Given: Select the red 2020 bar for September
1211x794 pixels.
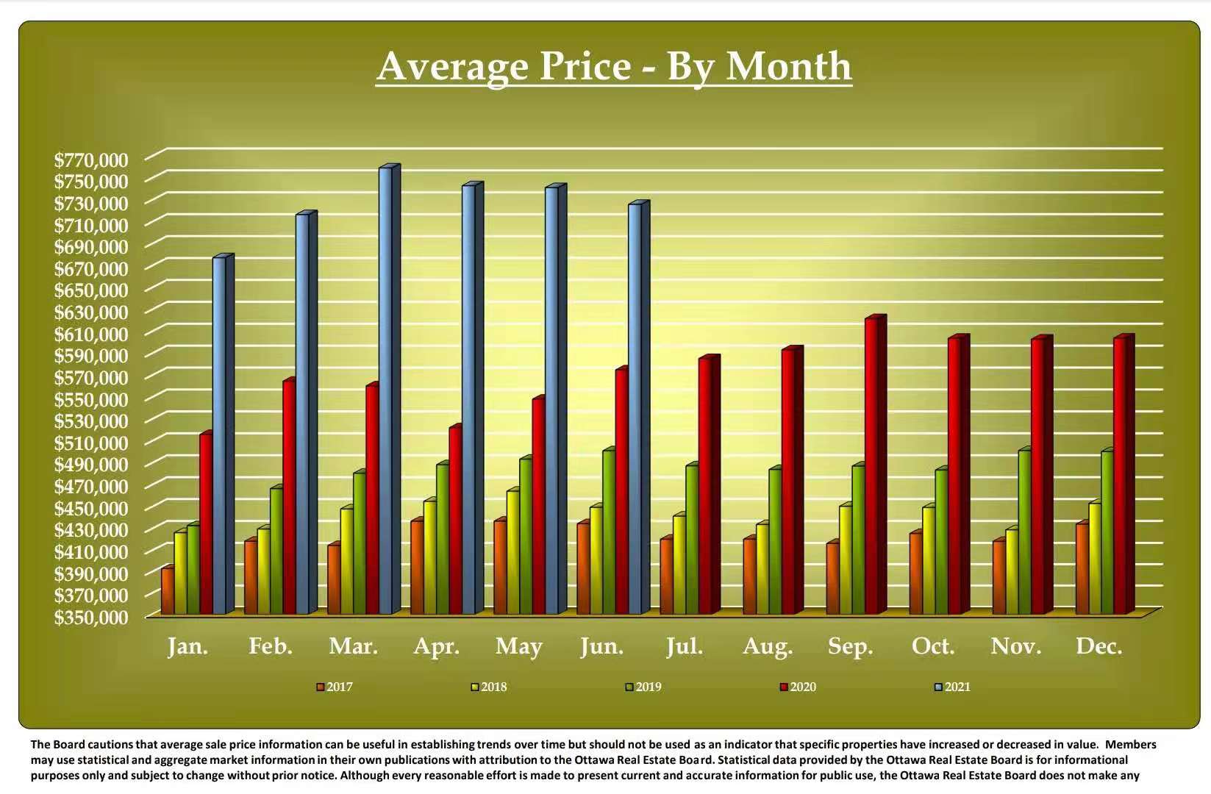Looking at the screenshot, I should pyautogui.click(x=872, y=467).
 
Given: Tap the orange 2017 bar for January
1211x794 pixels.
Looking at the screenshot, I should pyautogui.click(x=167, y=592).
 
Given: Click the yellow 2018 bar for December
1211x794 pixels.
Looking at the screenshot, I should pyautogui.click(x=1094, y=559).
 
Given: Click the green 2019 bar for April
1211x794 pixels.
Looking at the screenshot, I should pyautogui.click(x=442, y=540).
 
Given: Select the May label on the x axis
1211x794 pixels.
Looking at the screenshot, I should pyautogui.click(x=519, y=646).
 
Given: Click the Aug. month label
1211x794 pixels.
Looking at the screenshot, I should pyautogui.click(x=768, y=646).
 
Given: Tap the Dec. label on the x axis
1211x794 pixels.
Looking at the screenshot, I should pyautogui.click(x=1099, y=646).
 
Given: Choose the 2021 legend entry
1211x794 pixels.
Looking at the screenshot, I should pyautogui.click(x=957, y=687).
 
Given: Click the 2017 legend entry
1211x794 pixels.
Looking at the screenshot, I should pyautogui.click(x=339, y=687).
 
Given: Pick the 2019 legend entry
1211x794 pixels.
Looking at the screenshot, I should pyautogui.click(x=648, y=687).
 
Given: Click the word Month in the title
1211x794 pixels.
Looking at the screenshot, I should pyautogui.click(x=789, y=66).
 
